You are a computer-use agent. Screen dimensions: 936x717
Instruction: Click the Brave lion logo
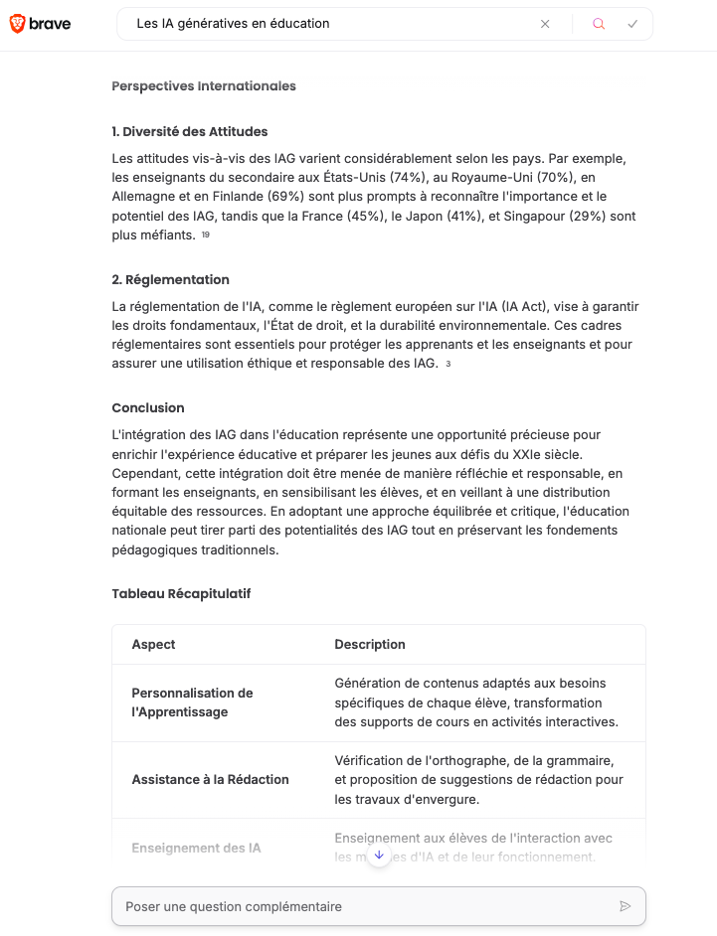pyautogui.click(x=18, y=24)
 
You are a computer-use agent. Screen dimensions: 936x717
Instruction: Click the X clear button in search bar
pyautogui.click(x=545, y=24)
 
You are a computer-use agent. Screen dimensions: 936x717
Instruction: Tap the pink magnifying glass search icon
pyautogui.click(x=599, y=24)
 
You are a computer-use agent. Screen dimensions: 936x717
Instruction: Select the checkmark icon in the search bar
pyautogui.click(x=632, y=24)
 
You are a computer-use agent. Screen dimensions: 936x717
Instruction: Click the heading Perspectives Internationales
pyautogui.click(x=204, y=86)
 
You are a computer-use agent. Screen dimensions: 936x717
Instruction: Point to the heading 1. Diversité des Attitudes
pyautogui.click(x=190, y=132)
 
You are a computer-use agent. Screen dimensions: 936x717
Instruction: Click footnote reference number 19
pyautogui.click(x=206, y=235)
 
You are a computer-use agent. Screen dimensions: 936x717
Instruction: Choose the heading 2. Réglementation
pyautogui.click(x=171, y=280)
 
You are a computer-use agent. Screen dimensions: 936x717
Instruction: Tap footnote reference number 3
pyautogui.click(x=448, y=365)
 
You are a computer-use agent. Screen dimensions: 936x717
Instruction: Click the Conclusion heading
pyautogui.click(x=148, y=408)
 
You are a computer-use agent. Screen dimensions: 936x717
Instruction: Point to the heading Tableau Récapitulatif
pyautogui.click(x=181, y=594)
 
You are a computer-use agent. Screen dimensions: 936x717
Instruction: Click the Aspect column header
pyautogui.click(x=153, y=645)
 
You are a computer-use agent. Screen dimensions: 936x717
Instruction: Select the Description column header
pyautogui.click(x=370, y=645)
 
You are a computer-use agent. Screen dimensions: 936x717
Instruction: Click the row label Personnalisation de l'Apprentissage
pyautogui.click(x=192, y=702)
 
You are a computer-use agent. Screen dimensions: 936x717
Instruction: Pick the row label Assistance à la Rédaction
pyautogui.click(x=210, y=780)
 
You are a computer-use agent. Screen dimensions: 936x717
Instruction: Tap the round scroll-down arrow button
pyautogui.click(x=379, y=856)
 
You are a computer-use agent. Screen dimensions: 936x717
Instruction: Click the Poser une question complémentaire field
pyautogui.click(x=358, y=906)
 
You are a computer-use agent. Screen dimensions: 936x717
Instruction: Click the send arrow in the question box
pyautogui.click(x=626, y=906)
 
